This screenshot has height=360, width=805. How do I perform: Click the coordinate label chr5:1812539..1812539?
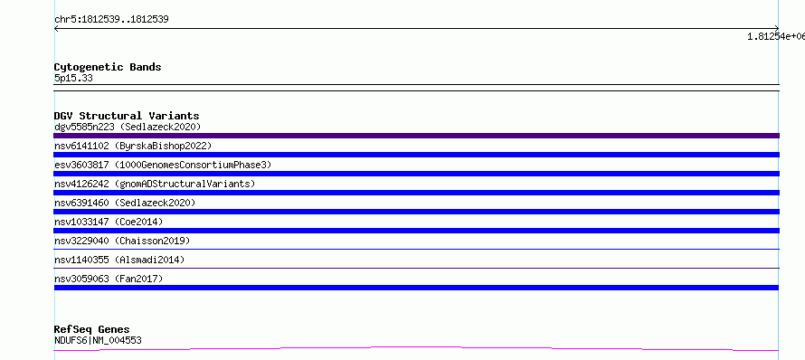click(111, 20)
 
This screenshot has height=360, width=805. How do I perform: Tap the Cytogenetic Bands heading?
click(108, 67)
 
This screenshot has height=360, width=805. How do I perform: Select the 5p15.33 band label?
click(73, 79)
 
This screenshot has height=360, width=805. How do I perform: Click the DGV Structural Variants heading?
click(127, 116)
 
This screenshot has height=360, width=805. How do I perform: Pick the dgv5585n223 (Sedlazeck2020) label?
click(128, 127)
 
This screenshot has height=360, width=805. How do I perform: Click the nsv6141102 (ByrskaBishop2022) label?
click(133, 146)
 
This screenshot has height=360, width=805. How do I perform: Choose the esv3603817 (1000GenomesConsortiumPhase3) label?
click(163, 165)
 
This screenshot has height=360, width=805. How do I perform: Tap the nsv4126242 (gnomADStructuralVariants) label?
click(155, 184)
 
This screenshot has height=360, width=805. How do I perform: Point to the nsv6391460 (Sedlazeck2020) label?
click(125, 203)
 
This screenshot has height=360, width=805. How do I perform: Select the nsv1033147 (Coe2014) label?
click(109, 222)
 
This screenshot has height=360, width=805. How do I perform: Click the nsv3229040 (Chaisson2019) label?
click(122, 241)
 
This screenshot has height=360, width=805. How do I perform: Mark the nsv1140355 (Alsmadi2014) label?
click(119, 260)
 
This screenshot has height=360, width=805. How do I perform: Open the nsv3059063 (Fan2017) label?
click(109, 279)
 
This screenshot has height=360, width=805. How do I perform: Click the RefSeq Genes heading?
click(92, 330)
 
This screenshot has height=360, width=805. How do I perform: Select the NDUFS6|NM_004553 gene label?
click(98, 340)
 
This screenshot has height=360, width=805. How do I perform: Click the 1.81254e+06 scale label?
click(776, 36)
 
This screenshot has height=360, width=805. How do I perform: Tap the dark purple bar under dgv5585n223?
click(416, 136)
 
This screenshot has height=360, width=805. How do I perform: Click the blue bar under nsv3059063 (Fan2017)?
click(416, 288)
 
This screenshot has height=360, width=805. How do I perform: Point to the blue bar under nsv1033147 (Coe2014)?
click(416, 231)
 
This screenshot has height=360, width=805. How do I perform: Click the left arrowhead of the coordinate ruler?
click(55, 29)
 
